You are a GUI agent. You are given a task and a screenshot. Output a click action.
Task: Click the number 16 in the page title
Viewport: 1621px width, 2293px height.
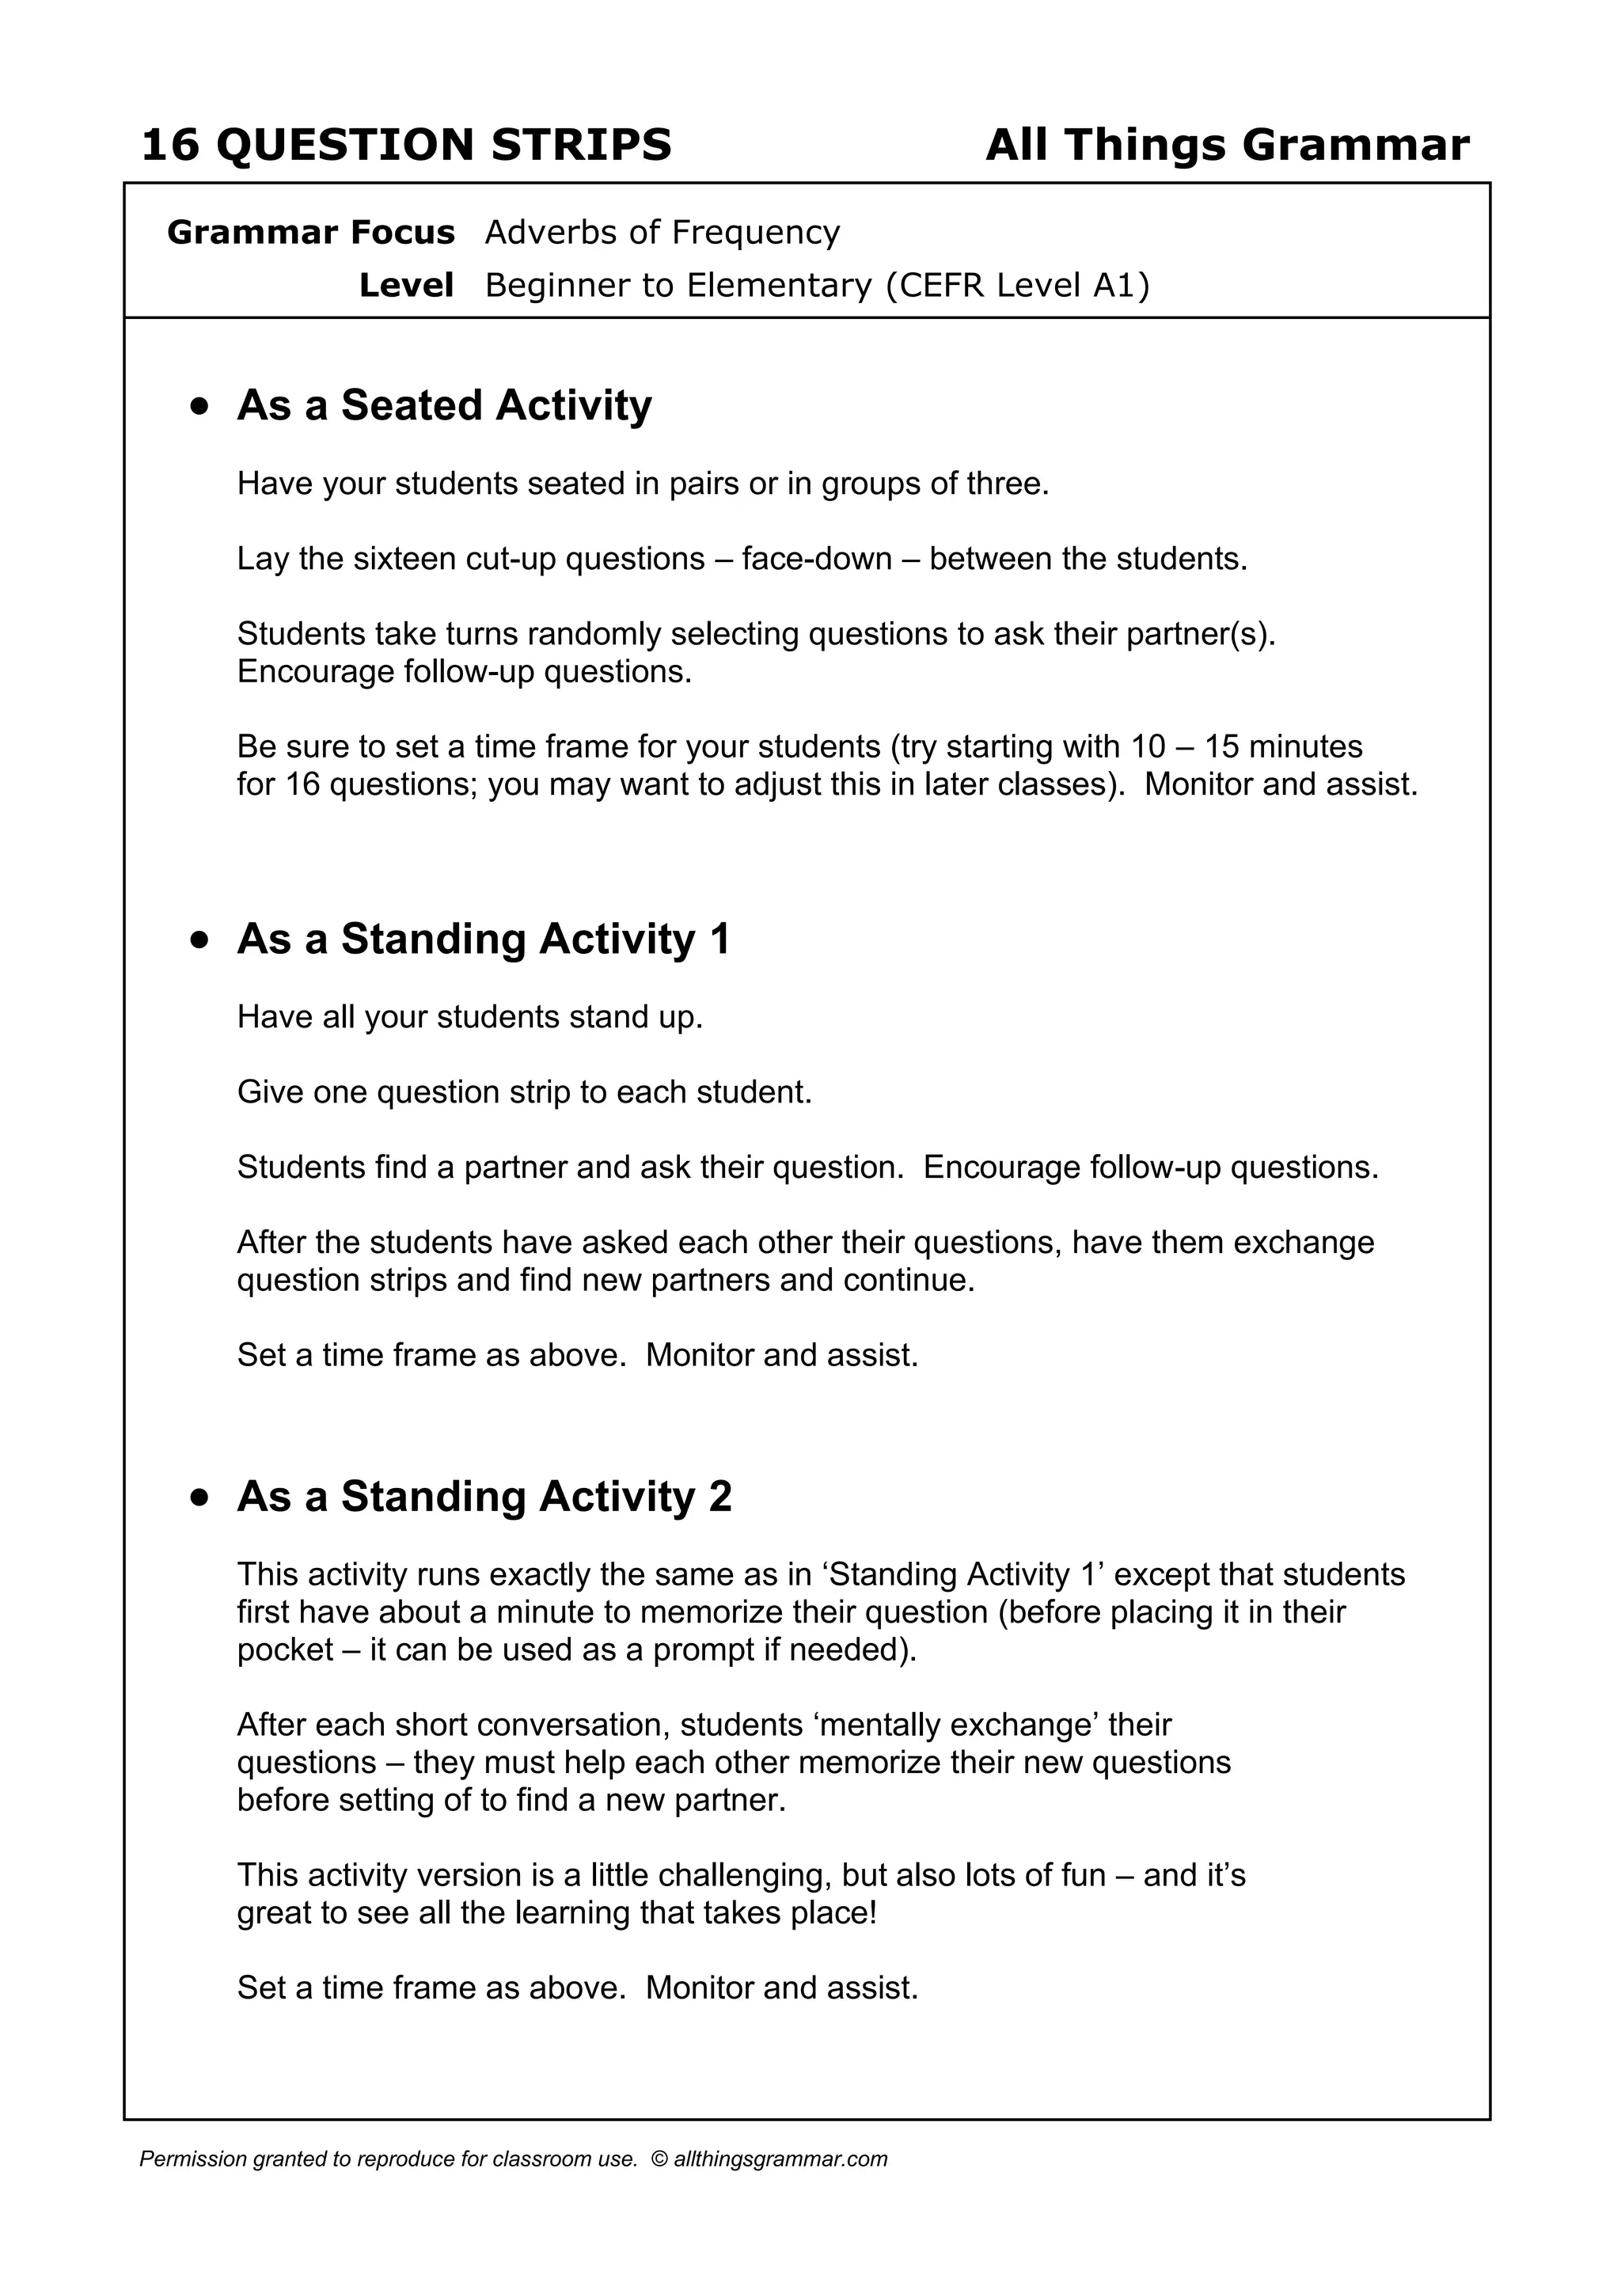coord(171,146)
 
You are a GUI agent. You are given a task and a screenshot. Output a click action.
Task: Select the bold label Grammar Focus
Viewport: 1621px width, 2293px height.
coord(310,233)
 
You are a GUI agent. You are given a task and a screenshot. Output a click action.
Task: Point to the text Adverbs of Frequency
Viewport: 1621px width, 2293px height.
coord(662,233)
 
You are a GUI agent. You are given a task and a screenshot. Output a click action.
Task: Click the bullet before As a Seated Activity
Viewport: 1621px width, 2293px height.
coord(201,407)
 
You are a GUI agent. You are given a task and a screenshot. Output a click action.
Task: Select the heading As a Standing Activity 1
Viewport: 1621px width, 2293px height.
coord(484,940)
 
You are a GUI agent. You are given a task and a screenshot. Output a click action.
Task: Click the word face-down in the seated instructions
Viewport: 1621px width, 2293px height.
coord(817,560)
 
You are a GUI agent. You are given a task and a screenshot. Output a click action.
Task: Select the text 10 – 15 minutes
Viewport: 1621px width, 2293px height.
coord(1247,747)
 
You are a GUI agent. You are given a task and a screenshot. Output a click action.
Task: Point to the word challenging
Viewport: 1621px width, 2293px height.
coord(745,1876)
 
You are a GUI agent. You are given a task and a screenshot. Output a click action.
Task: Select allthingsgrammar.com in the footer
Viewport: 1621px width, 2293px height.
coord(780,2159)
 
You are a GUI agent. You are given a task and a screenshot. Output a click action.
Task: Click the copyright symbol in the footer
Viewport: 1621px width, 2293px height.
coord(659,2159)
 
